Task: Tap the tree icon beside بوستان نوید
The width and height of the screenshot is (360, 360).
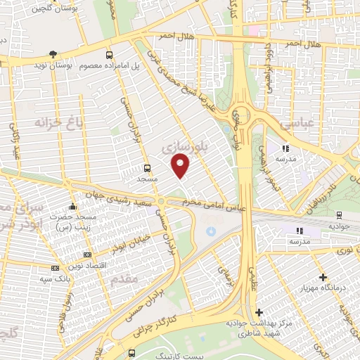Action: point(53,54)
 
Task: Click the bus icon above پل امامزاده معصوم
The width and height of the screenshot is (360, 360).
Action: point(108,54)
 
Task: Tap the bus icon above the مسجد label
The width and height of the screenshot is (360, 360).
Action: point(146,168)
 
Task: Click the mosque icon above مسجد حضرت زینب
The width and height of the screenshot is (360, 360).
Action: point(72,207)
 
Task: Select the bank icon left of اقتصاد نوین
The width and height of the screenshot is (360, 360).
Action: point(87,255)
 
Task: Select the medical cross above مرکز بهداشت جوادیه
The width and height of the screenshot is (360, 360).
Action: point(259,311)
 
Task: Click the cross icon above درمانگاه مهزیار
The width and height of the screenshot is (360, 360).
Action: point(323,278)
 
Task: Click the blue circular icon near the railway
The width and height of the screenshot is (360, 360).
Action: point(210,231)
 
